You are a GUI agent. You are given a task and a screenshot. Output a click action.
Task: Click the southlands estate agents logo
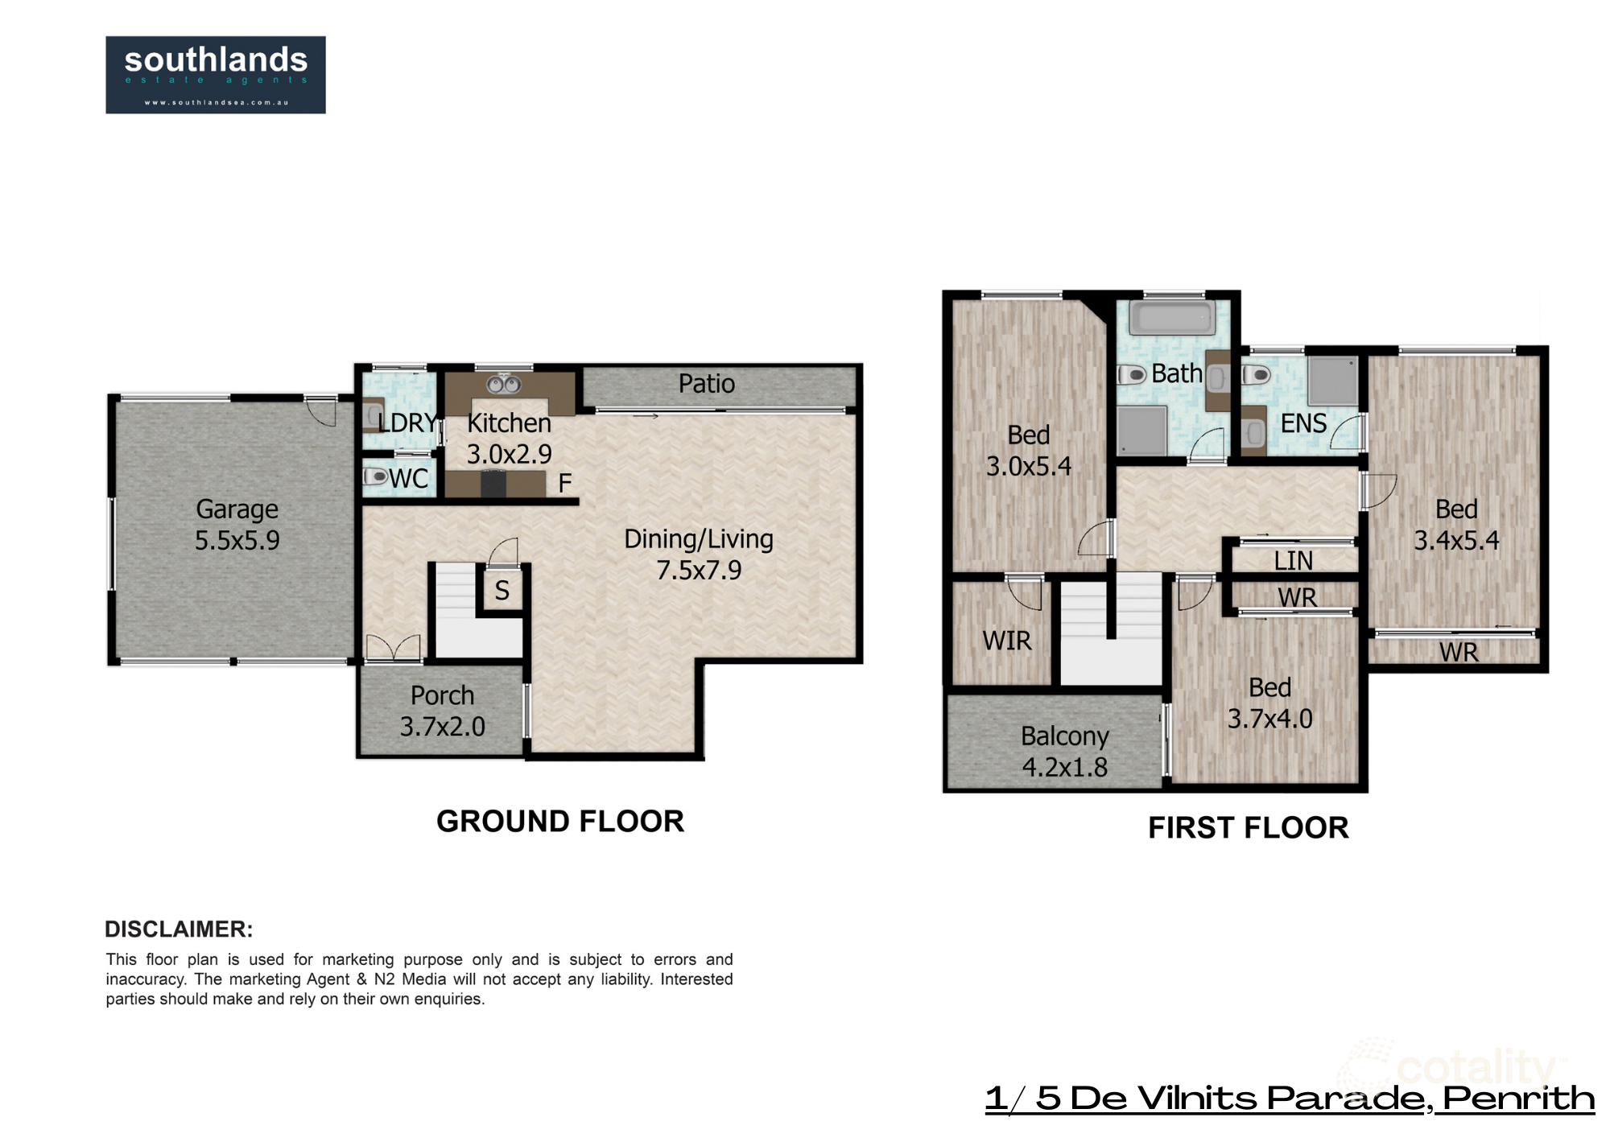point(215,74)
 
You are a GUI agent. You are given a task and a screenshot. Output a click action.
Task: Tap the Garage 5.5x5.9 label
point(237,525)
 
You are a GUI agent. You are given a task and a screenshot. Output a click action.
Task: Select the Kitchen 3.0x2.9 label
point(509,439)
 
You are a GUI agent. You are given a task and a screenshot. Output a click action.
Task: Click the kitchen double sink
point(505,385)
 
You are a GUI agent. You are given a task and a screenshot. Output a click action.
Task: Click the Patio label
point(706,384)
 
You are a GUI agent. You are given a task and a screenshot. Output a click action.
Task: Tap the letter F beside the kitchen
point(564,483)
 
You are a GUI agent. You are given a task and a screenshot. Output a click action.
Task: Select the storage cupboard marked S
point(502,591)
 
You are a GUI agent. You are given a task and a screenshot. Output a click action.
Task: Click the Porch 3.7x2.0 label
point(442,711)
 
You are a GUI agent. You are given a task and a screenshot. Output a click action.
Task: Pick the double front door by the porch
point(393,649)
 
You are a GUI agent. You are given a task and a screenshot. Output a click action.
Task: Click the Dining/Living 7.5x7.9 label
point(698,555)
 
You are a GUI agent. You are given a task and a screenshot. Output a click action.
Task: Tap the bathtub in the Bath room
point(1171,319)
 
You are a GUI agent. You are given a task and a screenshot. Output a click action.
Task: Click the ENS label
point(1302,423)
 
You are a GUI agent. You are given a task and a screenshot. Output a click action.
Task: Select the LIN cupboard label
point(1293,560)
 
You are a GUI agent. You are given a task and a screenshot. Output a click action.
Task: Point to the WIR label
point(1006,641)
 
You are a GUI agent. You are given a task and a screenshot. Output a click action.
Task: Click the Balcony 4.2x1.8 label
point(1064,752)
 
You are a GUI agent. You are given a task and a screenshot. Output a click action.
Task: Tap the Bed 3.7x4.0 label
point(1269,703)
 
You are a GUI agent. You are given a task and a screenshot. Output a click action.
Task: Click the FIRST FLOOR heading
point(1248,827)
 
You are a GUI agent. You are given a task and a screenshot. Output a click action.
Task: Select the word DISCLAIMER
point(179,929)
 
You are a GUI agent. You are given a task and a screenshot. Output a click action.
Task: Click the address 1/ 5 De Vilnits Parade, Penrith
point(1289,1099)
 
